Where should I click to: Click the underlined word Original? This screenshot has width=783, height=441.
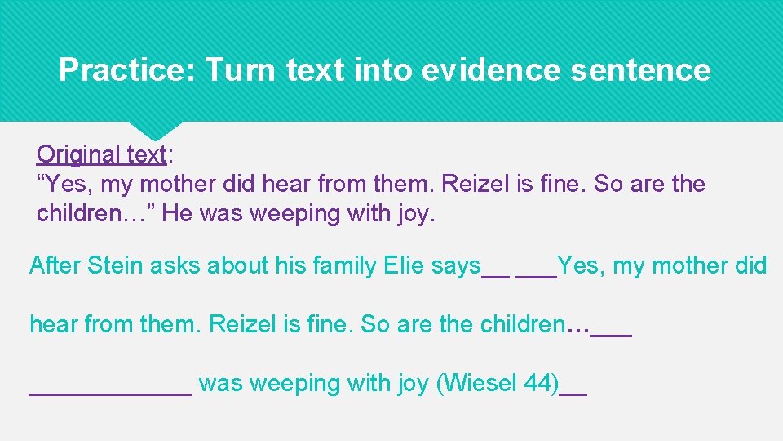point(79,154)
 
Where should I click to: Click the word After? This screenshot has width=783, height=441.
point(55,265)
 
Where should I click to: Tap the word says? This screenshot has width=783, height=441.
point(457,265)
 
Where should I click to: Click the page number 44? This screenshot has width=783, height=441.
point(542,383)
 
